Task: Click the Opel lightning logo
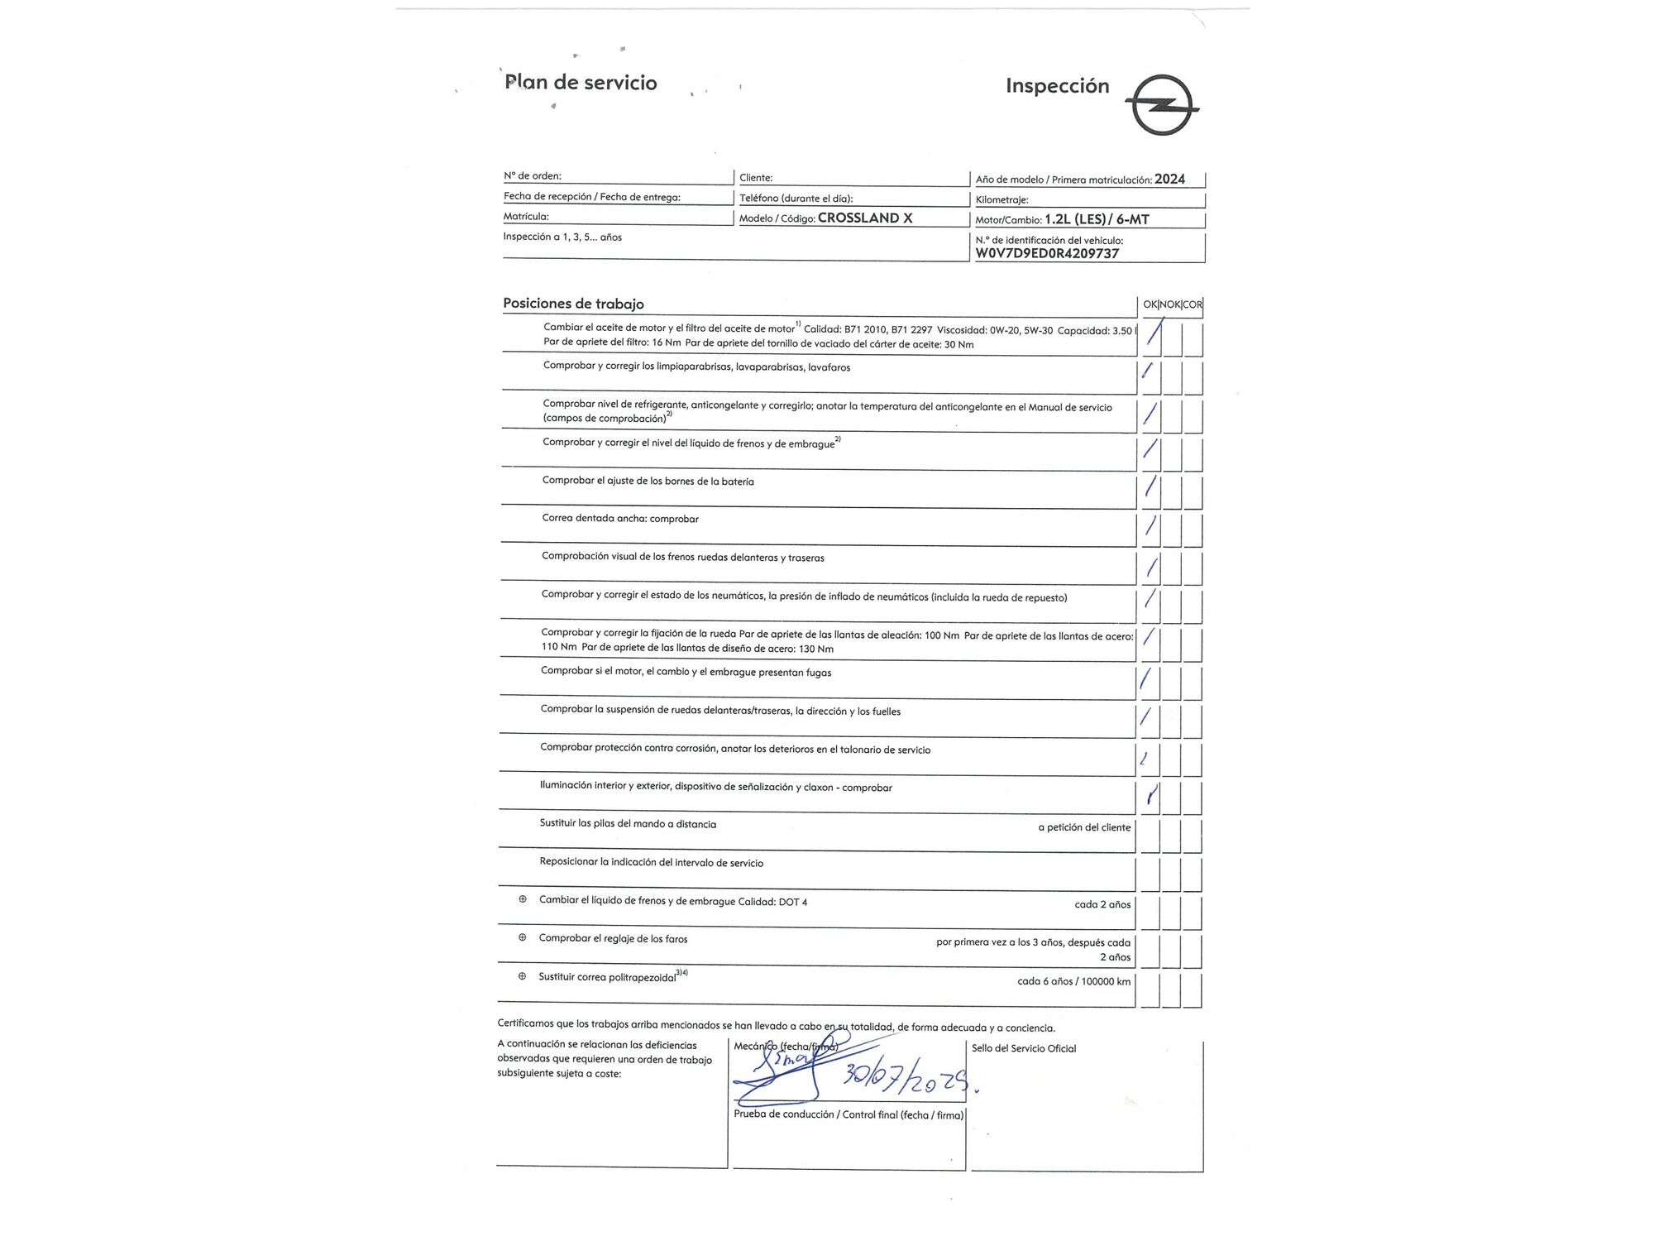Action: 1163,105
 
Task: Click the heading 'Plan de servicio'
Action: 581,82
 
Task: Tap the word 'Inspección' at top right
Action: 1057,85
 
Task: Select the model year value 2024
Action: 1169,179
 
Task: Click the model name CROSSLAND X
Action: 865,218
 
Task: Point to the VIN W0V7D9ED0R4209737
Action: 1047,253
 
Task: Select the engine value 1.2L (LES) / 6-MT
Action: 1097,219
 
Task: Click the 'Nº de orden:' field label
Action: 533,176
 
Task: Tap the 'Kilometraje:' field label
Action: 1001,200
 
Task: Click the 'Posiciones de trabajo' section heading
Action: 573,304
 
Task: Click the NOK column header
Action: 1170,304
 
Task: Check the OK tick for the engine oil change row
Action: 1152,337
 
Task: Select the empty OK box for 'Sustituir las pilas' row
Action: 1150,835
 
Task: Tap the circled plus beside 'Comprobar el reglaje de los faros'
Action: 522,937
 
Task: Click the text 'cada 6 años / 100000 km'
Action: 1073,981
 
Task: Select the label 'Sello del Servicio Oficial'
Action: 1024,1048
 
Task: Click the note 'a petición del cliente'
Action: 1084,827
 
